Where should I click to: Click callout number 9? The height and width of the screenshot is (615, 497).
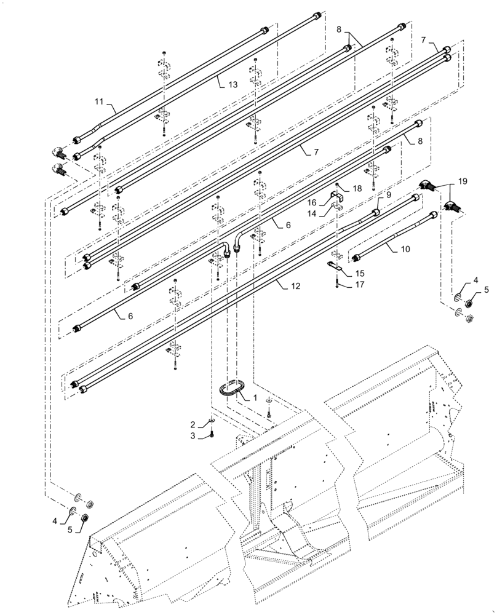click(388, 195)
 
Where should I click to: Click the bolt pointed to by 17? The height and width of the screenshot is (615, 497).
click(337, 284)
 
